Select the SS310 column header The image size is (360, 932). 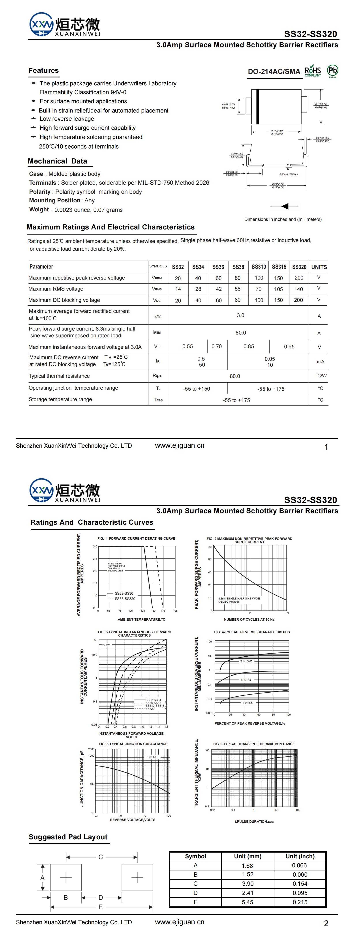[x=259, y=267]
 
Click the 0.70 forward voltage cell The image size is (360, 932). [x=217, y=346]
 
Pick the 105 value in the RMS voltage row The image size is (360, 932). [x=278, y=289]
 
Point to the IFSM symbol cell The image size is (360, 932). [x=157, y=332]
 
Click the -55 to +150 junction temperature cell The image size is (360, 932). [x=197, y=389]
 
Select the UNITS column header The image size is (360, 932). [x=319, y=267]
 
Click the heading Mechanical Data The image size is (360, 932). [x=58, y=161]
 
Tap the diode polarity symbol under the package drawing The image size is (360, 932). [x=285, y=206]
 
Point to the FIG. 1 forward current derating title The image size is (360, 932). [x=136, y=538]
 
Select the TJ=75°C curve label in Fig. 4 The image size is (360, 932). [x=245, y=680]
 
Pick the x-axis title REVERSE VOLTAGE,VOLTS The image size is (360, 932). [x=132, y=819]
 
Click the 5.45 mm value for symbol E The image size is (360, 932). [x=247, y=902]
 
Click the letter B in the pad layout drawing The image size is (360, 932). [x=66, y=897]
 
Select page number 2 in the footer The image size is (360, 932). [x=326, y=923]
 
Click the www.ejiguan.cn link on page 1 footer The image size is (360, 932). [x=180, y=445]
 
